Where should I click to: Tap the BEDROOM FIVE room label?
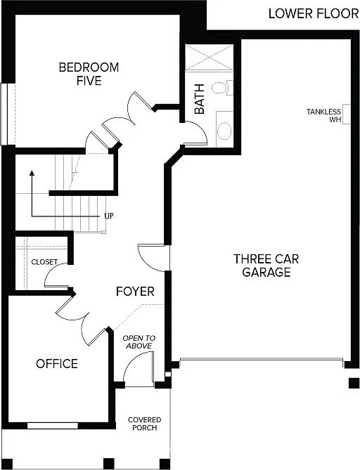point(89,74)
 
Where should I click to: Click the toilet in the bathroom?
point(221,89)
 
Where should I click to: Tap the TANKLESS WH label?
point(324,115)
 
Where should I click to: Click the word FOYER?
point(135,291)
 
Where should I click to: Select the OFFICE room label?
point(57,364)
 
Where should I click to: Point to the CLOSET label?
point(44,261)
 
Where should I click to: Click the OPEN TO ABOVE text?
point(139,342)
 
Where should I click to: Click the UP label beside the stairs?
point(109,216)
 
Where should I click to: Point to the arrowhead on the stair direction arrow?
point(32,174)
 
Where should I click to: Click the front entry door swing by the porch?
point(139,369)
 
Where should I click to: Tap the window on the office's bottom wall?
point(53,425)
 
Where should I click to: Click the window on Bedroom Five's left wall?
point(5,113)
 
